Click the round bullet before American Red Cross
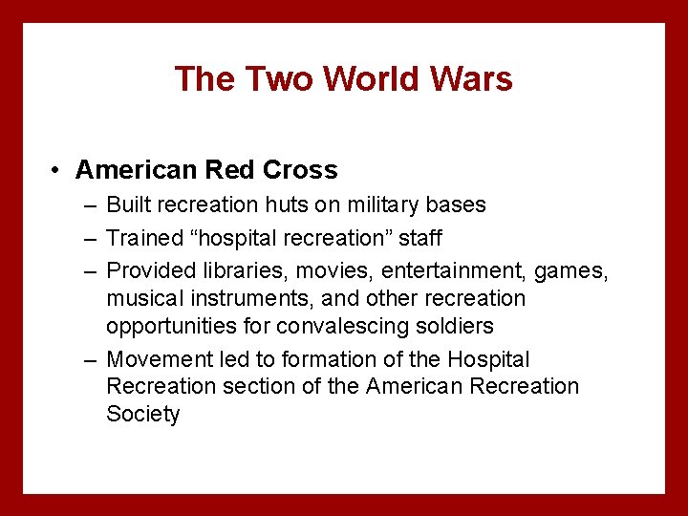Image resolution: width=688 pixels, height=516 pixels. [x=58, y=171]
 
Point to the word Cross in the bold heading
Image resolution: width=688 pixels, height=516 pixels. [x=300, y=170]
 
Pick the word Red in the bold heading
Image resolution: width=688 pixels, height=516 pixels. [x=230, y=170]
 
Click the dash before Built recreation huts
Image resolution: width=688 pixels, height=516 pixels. [x=89, y=205]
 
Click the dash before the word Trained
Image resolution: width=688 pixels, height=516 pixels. [x=89, y=238]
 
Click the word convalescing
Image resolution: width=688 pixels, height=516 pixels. [x=334, y=326]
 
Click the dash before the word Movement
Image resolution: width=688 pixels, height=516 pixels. [x=89, y=360]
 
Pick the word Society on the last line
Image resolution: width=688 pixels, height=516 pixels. [x=142, y=414]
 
